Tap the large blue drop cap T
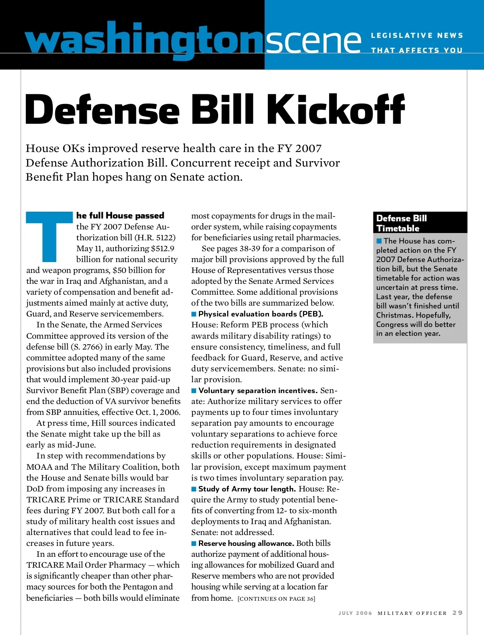[49, 236]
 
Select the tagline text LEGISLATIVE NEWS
[417, 36]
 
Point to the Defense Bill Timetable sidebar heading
[401, 223]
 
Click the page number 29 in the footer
[457, 613]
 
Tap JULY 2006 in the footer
[355, 613]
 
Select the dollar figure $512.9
[163, 248]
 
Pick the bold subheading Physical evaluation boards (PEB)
[261, 314]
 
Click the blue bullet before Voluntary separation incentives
[194, 391]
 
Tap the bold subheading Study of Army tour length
[247, 489]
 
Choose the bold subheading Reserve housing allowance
[246, 543]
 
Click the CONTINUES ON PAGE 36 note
[276, 599]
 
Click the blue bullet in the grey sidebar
[379, 241]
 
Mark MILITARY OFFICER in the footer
[412, 613]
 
